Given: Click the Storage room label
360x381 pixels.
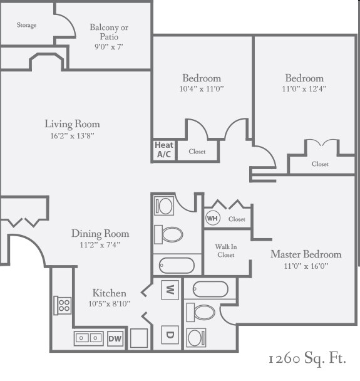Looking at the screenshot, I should click(26, 25).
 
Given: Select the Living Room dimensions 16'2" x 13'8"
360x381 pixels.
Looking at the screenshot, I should click(72, 135).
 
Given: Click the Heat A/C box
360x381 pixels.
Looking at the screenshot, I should click(163, 150).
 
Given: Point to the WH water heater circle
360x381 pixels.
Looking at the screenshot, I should click(212, 219).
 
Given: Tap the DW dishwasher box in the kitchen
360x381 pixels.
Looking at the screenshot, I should click(115, 338).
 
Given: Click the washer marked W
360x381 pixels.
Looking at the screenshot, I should click(170, 290).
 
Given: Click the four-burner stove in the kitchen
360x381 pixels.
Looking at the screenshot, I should click(63, 305).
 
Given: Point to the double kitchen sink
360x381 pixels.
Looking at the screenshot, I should click(89, 338).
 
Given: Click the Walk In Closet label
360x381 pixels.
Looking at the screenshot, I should click(226, 251).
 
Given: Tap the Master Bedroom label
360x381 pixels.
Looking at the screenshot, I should click(306, 254).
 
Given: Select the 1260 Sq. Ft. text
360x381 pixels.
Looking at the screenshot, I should click(307, 359).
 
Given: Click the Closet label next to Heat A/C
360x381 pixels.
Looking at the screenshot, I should click(197, 152).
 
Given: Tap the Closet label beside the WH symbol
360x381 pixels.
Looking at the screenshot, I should click(237, 219).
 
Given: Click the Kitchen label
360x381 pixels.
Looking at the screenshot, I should click(110, 293).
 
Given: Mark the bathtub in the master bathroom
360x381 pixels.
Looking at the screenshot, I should click(210, 289).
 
